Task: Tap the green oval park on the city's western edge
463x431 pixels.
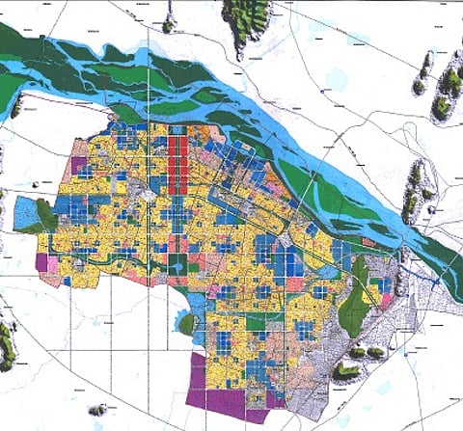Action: [x=45, y=214]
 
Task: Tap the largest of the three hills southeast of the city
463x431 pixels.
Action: [x=344, y=370]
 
